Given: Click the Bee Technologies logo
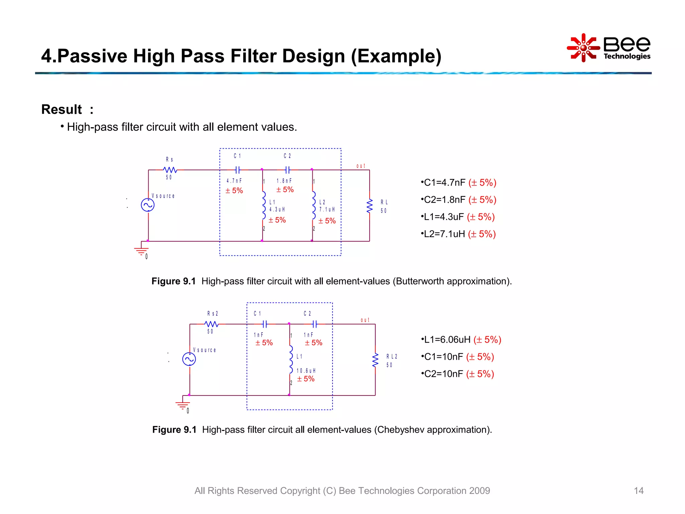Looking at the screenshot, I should pos(609,48).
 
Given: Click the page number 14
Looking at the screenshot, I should pos(639,491).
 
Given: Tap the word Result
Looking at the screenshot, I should pos(62,109).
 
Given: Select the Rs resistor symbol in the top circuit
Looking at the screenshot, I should pos(170,170).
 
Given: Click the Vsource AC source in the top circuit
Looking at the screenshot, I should pos(148,205).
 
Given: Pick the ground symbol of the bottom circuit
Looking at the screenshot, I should pos(183,405).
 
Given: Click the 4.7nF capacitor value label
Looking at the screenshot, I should pos(234,181).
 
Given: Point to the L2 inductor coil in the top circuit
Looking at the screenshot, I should pos(313,205).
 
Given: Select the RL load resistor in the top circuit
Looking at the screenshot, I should pos(370,206).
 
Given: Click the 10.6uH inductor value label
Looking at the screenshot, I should pos(306,371).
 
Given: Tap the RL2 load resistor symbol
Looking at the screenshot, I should pos(375,360).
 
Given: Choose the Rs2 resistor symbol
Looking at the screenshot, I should pos(212,324).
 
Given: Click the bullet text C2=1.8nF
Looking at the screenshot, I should pos(445,200).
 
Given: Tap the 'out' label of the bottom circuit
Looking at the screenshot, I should pos(365,320).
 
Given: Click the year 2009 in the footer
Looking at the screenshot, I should pos(479,491).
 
